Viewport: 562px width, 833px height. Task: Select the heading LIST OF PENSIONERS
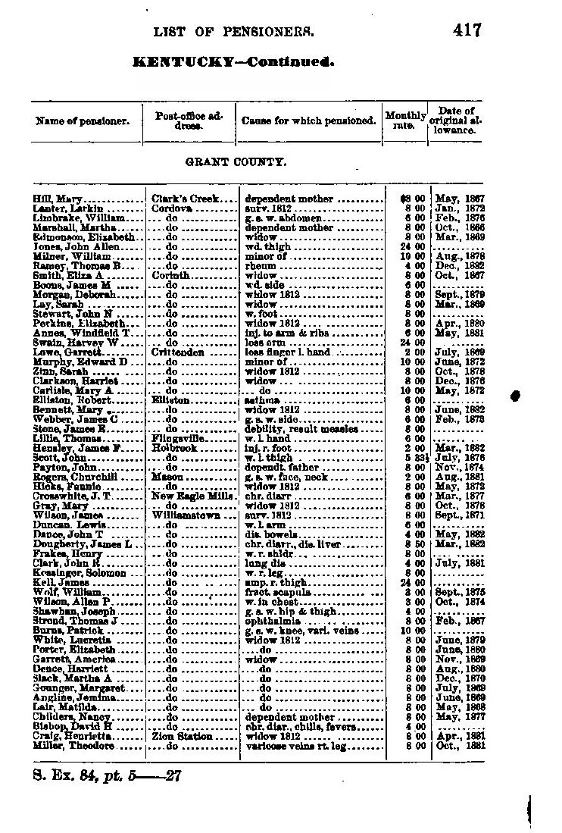(x=233, y=32)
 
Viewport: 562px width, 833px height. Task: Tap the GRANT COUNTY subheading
(x=236, y=162)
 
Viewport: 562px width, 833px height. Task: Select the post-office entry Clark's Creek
(x=184, y=199)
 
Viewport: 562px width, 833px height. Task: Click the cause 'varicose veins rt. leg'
(x=297, y=745)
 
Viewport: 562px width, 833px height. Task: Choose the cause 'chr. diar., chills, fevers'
(x=301, y=726)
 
